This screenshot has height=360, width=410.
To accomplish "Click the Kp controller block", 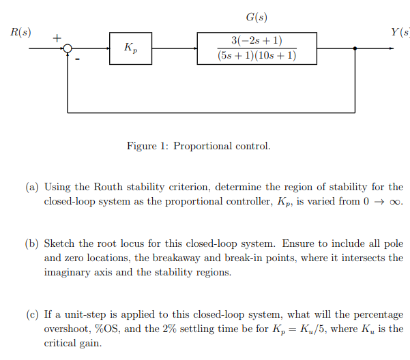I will tap(130, 48).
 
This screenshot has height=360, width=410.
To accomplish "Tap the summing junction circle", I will tap(68, 48).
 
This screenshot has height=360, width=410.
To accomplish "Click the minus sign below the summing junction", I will tap(77, 60).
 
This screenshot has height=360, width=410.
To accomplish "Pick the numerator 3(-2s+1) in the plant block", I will tap(257, 40).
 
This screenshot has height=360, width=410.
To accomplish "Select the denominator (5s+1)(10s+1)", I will tap(257, 55).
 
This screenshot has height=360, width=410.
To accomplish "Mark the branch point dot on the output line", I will tap(355, 48).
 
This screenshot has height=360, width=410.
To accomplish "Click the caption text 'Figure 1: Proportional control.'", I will tap(199, 146).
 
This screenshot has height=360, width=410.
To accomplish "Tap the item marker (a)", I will tap(32, 187).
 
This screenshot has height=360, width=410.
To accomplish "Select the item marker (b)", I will tap(32, 243).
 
